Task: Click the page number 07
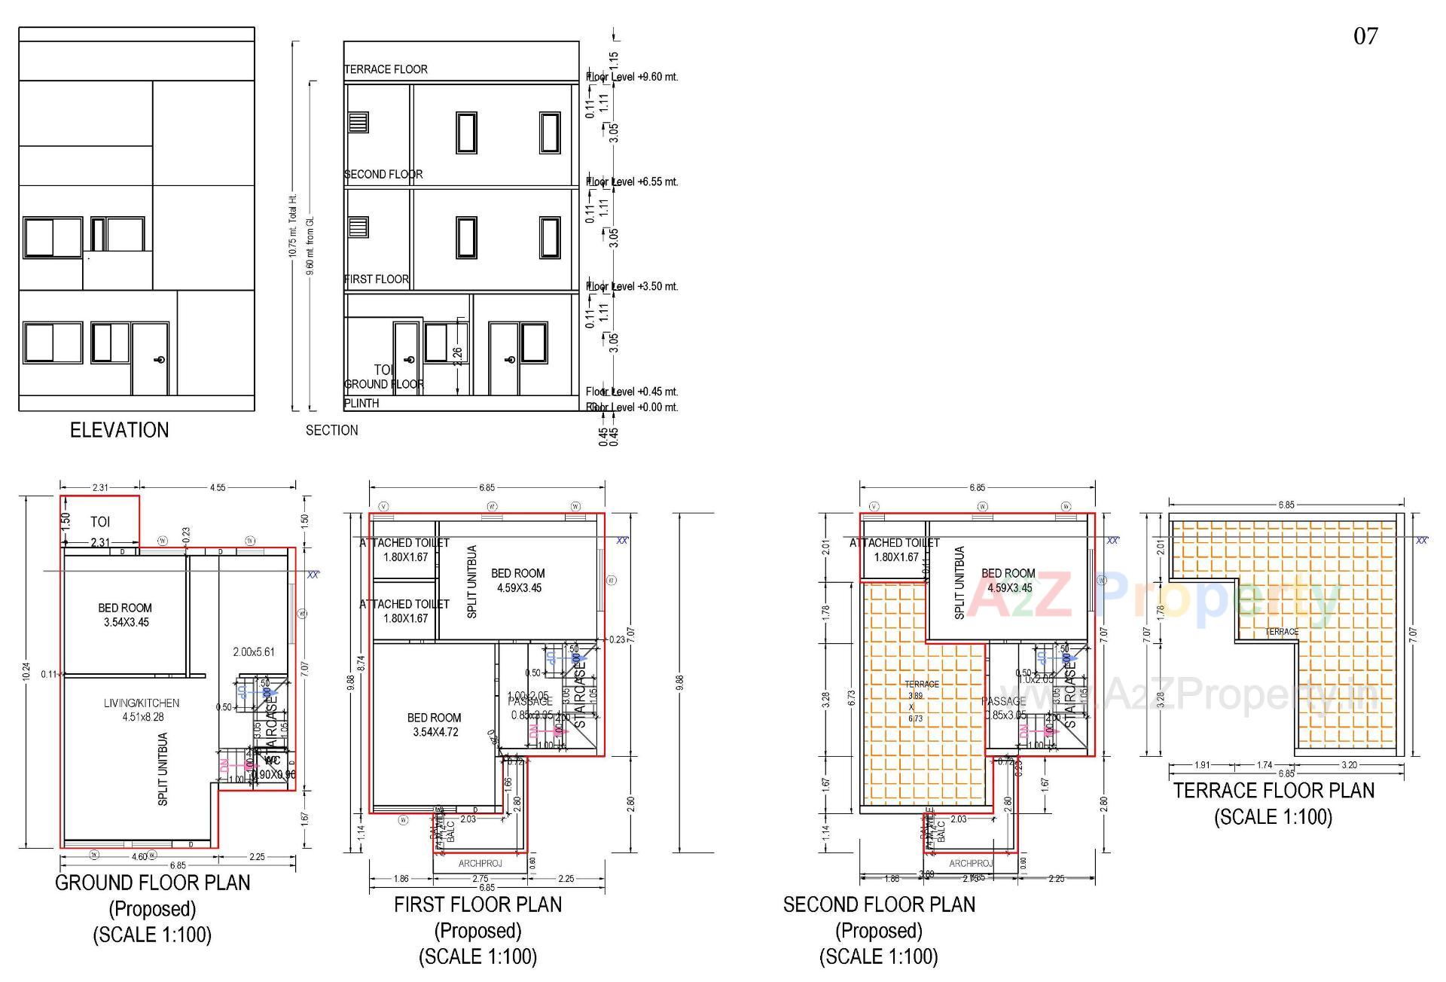(1365, 36)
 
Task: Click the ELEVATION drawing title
(119, 430)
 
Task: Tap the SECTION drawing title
(331, 430)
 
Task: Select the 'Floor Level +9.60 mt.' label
(633, 77)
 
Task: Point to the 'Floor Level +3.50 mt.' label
(633, 286)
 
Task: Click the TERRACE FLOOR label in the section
(386, 69)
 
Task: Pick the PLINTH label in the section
(361, 403)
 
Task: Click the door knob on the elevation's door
(160, 360)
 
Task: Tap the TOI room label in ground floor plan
(100, 521)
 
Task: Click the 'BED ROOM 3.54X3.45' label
(125, 615)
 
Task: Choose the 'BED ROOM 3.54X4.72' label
(434, 724)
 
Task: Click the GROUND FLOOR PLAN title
(152, 883)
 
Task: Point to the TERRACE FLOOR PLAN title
(1274, 790)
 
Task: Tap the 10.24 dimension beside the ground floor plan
(26, 672)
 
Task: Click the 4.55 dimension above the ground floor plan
(217, 487)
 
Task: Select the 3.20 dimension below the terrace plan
(1349, 764)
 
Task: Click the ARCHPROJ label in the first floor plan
(480, 863)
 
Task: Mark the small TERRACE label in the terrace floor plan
(1281, 632)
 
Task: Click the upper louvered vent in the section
(358, 122)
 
